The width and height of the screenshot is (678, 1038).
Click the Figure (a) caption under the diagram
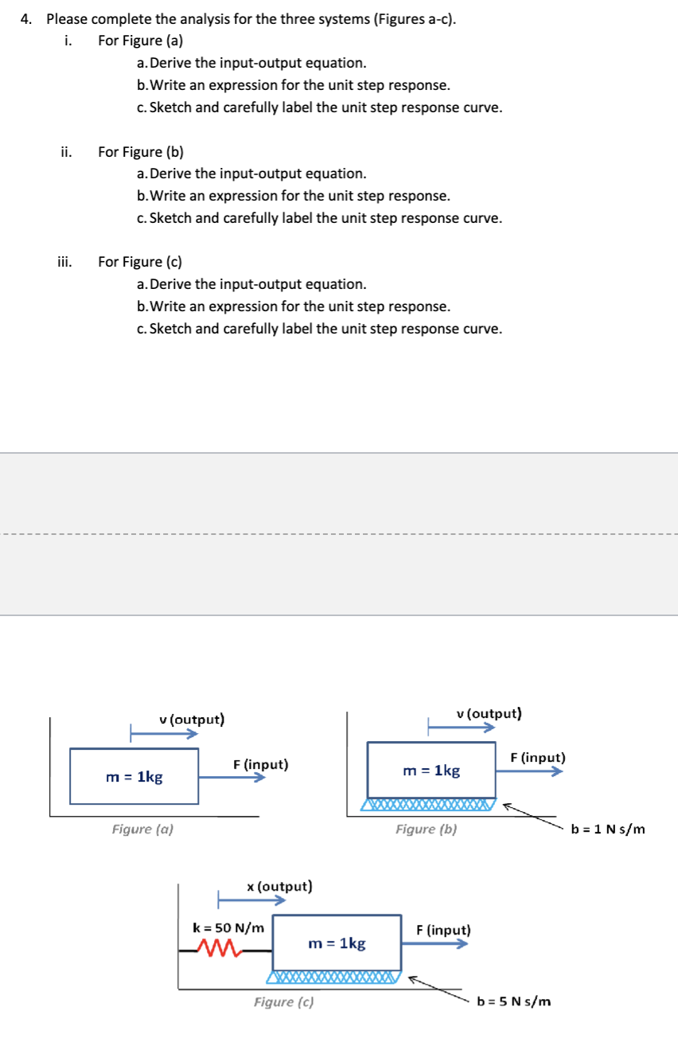pos(142,829)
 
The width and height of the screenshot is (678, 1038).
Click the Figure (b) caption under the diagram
pos(427,829)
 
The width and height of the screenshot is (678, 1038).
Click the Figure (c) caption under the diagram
pos(283,1002)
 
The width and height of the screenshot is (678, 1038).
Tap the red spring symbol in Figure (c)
pos(217,948)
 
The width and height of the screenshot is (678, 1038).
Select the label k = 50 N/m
pos(229,927)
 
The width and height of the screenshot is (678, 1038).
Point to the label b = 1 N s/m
pos(608,829)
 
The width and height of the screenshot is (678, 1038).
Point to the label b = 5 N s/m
pos(513,1001)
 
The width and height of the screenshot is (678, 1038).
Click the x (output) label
pos(279,886)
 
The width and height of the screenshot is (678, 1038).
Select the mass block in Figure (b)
pos(431,770)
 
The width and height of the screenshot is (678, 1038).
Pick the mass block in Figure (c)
pos(337,943)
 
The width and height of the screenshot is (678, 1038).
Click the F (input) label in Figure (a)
pos(260,765)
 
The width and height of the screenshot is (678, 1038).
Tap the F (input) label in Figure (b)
pos(538,757)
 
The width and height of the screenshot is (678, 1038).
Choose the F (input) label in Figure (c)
pos(443,930)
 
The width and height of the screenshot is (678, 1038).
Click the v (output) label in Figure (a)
pos(192,720)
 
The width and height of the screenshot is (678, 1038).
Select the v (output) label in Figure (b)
pos(489,713)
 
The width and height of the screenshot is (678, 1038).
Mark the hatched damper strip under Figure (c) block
pos(334,978)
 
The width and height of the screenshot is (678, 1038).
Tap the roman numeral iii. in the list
pos(64,261)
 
